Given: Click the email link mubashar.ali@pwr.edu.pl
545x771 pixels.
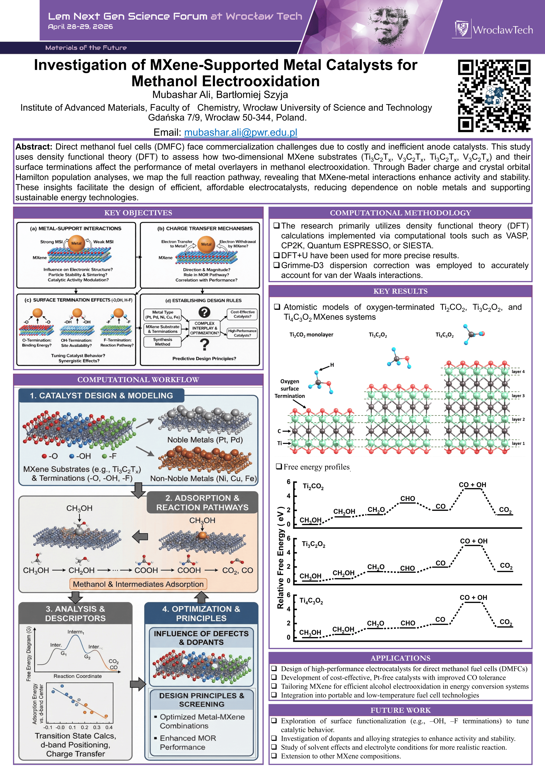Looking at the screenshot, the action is point(241,132).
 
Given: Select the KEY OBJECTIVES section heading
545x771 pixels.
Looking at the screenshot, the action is point(138,213).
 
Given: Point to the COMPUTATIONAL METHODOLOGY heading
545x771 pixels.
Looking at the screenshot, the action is point(400,213).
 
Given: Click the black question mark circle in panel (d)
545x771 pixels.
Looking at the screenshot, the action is point(204,312).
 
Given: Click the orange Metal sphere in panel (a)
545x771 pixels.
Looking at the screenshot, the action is point(77,243).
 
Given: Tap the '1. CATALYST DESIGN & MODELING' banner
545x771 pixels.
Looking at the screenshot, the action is point(101,395).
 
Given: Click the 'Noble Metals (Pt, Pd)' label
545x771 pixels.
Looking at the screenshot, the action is point(205,440).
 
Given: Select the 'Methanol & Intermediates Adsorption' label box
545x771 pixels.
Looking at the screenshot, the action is point(138,584).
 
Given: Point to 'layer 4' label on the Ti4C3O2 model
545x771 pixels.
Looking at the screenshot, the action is point(518,372).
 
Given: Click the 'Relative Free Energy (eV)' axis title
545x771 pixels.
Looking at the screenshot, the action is point(280,557).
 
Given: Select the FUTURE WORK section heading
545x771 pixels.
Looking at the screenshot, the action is point(400,710).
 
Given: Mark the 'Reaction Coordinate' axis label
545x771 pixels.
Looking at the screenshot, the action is point(78,676).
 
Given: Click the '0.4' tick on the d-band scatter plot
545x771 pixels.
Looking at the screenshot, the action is point(109,727).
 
